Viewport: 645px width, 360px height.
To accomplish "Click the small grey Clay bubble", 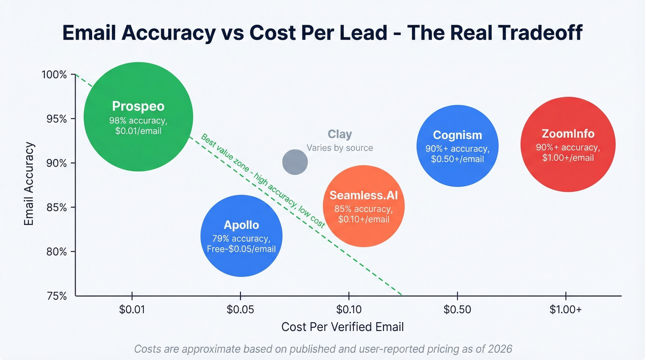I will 295,162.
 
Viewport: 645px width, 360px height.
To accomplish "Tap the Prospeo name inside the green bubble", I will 138,106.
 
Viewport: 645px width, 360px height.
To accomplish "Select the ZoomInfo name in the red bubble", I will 568,134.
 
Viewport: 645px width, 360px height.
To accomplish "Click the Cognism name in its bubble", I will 457,135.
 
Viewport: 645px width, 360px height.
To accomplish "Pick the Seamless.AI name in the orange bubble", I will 364,195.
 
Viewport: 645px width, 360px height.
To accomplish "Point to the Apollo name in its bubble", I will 241,225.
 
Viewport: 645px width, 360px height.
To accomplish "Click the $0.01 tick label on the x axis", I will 132,309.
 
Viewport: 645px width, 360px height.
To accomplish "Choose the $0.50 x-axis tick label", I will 457,309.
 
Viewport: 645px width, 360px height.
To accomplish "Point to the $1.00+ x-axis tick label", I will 565,309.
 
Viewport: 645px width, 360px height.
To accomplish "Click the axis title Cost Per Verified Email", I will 342,327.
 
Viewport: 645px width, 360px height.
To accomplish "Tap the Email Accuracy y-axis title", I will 29,184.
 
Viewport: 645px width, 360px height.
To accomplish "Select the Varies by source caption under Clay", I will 340,148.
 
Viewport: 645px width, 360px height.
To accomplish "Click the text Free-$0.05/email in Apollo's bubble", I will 241,249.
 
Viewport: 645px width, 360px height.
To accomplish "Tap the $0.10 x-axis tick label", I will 349,309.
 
